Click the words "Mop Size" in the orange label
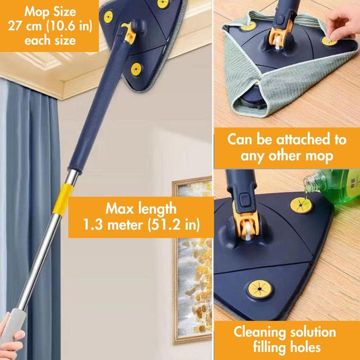click(x=50, y=11)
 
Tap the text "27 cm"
click(x=25, y=26)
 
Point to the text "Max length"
click(x=141, y=209)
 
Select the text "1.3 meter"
click(x=113, y=224)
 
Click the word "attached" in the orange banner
click(x=302, y=139)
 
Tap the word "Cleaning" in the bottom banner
click(x=259, y=333)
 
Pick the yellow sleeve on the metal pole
click(x=63, y=199)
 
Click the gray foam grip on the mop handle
click(x=14, y=326)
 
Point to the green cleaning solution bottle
click(x=333, y=186)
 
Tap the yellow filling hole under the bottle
click(x=301, y=205)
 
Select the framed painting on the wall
click(x=192, y=259)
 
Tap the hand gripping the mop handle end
click(x=10, y=340)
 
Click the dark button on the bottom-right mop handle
click(x=245, y=200)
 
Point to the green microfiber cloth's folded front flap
click(x=287, y=90)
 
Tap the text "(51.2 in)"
click(x=174, y=224)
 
